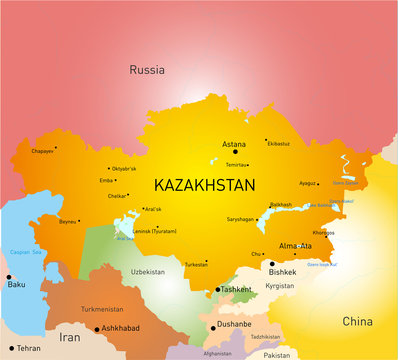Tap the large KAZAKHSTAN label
[x=204, y=185]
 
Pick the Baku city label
[x=16, y=285]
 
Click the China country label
[x=357, y=321]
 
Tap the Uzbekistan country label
[x=149, y=271]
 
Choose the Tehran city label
[x=28, y=348]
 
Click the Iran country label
[x=69, y=338]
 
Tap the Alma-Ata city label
[x=295, y=245]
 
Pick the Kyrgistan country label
[x=280, y=285]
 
